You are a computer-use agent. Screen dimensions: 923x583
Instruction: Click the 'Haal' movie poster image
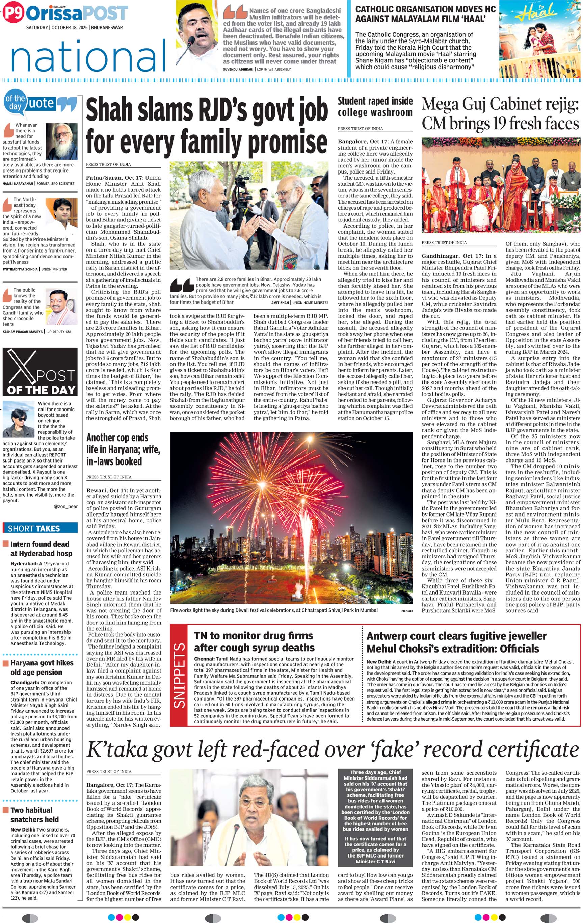[x=539, y=39]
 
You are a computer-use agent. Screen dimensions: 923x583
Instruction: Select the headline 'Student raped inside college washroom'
[x=375, y=107]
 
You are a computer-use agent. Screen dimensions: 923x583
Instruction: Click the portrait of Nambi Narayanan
[x=61, y=141]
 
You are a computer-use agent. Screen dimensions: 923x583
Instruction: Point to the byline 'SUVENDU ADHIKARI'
[x=238, y=70]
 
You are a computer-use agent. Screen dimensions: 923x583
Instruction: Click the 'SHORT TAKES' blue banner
[x=40, y=528]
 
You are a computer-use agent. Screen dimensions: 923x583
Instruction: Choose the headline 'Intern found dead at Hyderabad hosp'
[x=40, y=549]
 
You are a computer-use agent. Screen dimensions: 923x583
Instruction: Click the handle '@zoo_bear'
[x=65, y=506]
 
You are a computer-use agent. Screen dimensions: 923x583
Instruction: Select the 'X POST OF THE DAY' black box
[x=40, y=372]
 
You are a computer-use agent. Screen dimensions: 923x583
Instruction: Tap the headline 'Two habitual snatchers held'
[x=34, y=815]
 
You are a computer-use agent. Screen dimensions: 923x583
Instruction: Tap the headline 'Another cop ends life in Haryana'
[x=123, y=449]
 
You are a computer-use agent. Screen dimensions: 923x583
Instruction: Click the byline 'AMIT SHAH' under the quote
[x=280, y=302]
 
